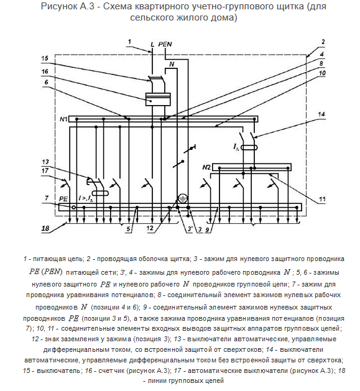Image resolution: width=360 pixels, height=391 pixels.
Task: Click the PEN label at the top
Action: point(165,44)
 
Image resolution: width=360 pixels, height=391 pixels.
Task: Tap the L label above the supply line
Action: point(152,45)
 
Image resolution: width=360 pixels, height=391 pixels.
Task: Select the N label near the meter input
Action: point(172,64)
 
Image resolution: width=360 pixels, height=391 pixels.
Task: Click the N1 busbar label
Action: point(63,119)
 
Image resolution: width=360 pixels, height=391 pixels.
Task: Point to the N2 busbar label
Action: point(206,167)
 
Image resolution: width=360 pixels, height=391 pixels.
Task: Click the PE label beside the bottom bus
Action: point(63,199)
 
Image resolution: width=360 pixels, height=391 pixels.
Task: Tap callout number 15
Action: point(45,58)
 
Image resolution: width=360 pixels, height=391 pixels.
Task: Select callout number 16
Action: point(45,71)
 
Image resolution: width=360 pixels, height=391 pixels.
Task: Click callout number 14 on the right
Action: point(321,114)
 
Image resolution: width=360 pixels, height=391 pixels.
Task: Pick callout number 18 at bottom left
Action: point(45,228)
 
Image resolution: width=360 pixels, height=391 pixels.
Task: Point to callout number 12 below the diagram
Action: point(150,228)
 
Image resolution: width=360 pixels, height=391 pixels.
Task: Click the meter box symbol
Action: point(158,99)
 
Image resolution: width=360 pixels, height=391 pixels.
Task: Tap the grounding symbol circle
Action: point(183,199)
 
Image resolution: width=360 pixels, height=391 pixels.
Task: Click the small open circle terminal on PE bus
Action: point(73,208)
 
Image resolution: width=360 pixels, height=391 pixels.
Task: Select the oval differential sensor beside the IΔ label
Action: point(249,147)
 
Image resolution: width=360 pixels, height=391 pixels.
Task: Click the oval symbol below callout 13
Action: point(100,193)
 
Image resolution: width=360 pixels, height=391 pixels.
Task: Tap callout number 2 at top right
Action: point(323,42)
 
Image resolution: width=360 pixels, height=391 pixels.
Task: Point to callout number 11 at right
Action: point(322,200)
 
